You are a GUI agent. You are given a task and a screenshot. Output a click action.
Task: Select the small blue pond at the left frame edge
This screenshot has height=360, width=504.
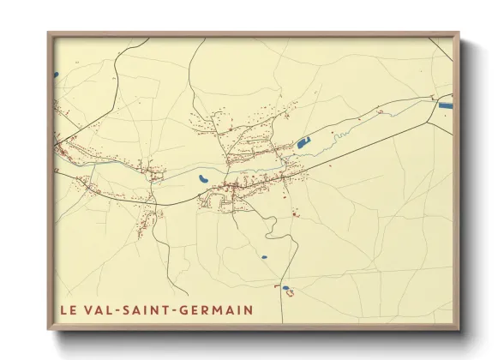pos(57,74)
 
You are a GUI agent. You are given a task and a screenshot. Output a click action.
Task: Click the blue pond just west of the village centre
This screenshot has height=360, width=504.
pos(202,179)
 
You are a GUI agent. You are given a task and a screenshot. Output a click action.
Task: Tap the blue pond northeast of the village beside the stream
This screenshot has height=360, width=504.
pos(303,143)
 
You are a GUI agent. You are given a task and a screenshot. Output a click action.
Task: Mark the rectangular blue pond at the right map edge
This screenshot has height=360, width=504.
pos(446,105)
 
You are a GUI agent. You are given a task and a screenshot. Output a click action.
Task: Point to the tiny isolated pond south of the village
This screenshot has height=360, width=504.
pos(263,256)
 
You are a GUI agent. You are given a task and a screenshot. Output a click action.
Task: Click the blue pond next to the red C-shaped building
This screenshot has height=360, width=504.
pos(286,288)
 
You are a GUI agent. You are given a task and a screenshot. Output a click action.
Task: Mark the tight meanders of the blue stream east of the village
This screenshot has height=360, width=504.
pos(339,135)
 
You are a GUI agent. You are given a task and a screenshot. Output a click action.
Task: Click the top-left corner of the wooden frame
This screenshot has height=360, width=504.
pos(49,34)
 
